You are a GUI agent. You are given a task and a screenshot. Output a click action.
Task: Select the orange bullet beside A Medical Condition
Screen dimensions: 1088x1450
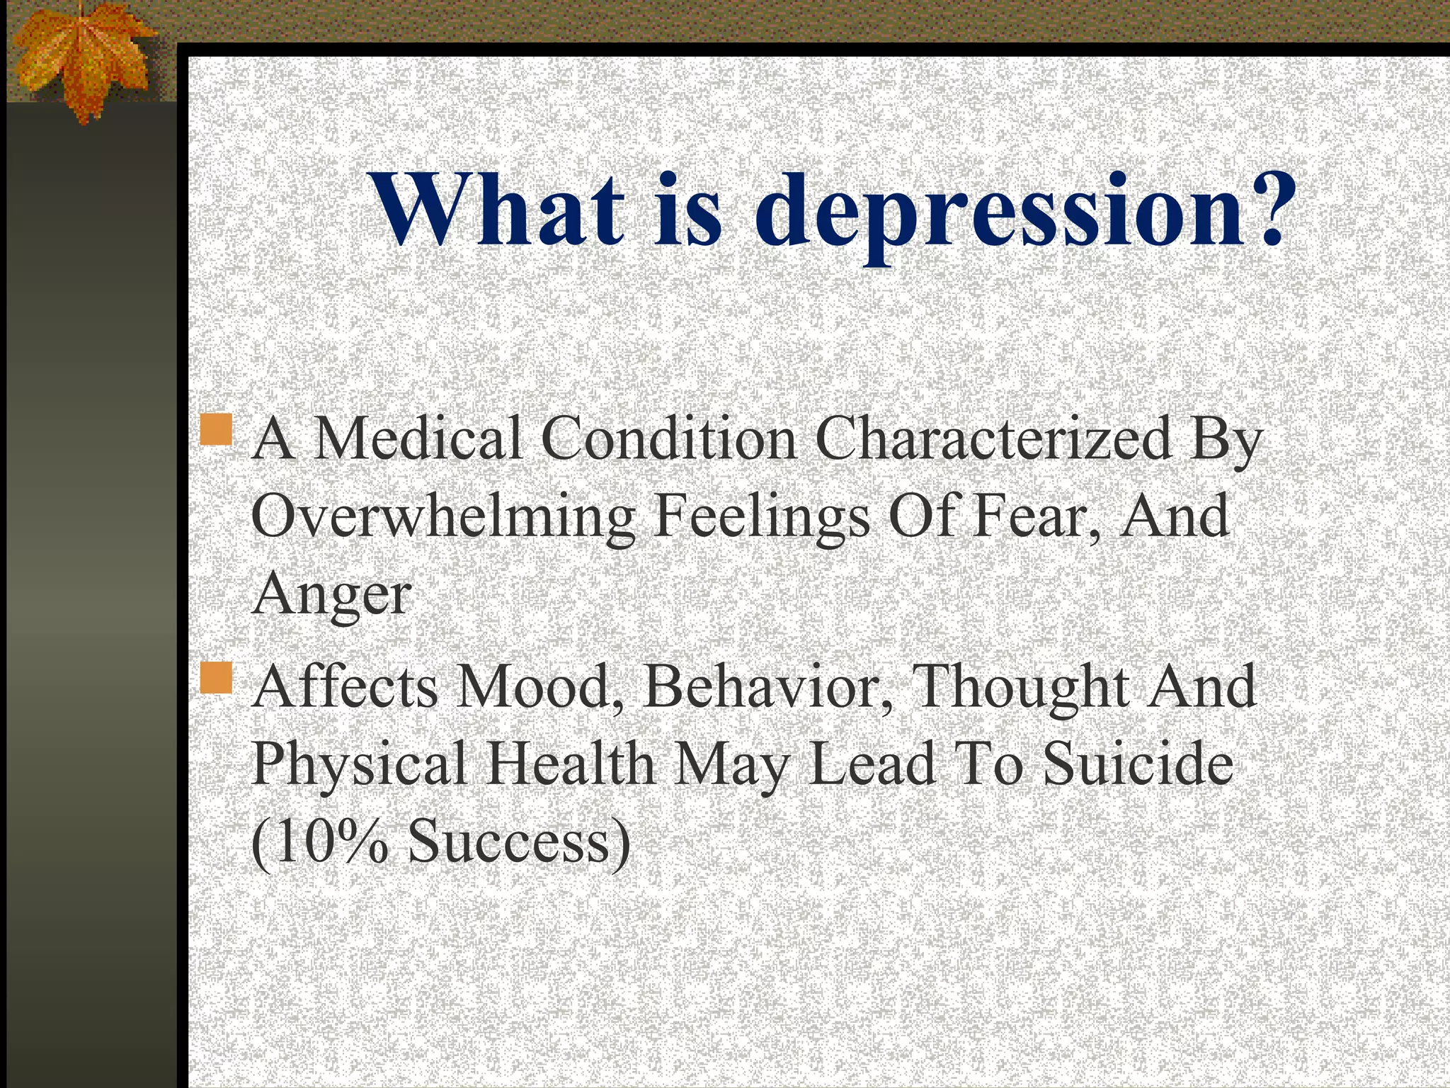(x=217, y=430)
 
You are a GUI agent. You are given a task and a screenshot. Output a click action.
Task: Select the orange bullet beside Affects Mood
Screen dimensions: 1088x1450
(x=217, y=678)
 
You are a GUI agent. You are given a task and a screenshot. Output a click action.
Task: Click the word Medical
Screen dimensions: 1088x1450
(x=418, y=439)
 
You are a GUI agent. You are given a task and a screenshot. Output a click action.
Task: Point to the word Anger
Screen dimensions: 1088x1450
(x=331, y=595)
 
